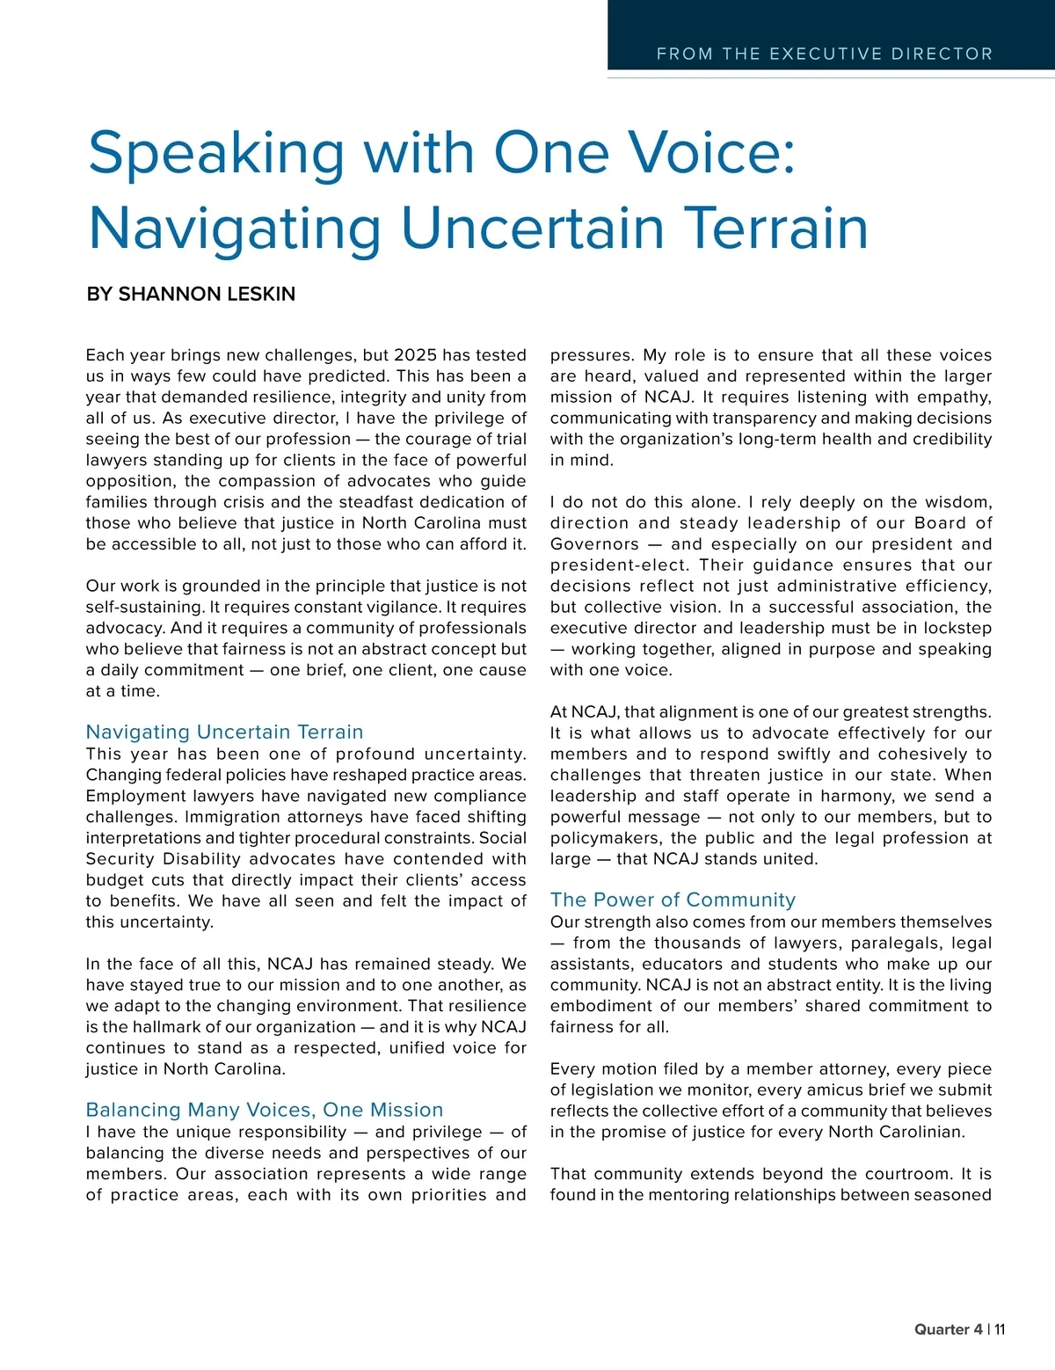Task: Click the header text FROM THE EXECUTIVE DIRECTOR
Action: pos(824,54)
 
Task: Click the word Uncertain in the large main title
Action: pos(533,228)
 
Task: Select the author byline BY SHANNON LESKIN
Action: pos(191,294)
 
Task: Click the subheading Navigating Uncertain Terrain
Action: pos(224,732)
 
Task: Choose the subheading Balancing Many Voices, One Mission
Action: pos(265,1110)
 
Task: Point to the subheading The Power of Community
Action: pos(673,900)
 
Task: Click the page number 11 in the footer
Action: pos(1000,1330)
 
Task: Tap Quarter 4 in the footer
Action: pos(949,1330)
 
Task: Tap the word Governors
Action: pos(594,544)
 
